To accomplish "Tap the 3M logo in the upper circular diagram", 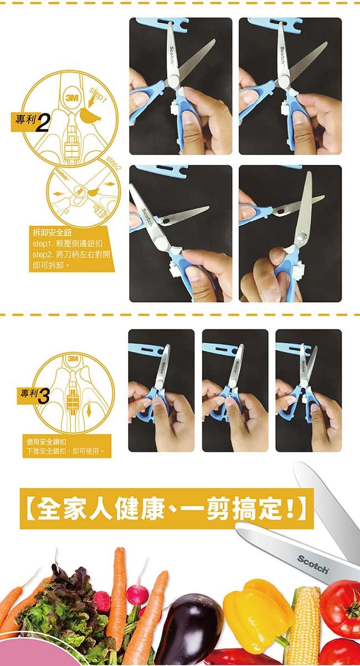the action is coord(71,98).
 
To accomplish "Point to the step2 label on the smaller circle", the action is coord(114,163).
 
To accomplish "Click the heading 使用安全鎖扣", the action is coord(47,442).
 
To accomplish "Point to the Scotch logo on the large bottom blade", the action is coord(313,564).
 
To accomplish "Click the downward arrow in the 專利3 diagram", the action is coord(89,411).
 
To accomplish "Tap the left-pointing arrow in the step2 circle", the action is coord(58,194).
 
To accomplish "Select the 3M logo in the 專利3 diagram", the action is coord(73,359).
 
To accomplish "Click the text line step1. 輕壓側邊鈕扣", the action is coord(68,244).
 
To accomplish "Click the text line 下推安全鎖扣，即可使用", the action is coord(65,451).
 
